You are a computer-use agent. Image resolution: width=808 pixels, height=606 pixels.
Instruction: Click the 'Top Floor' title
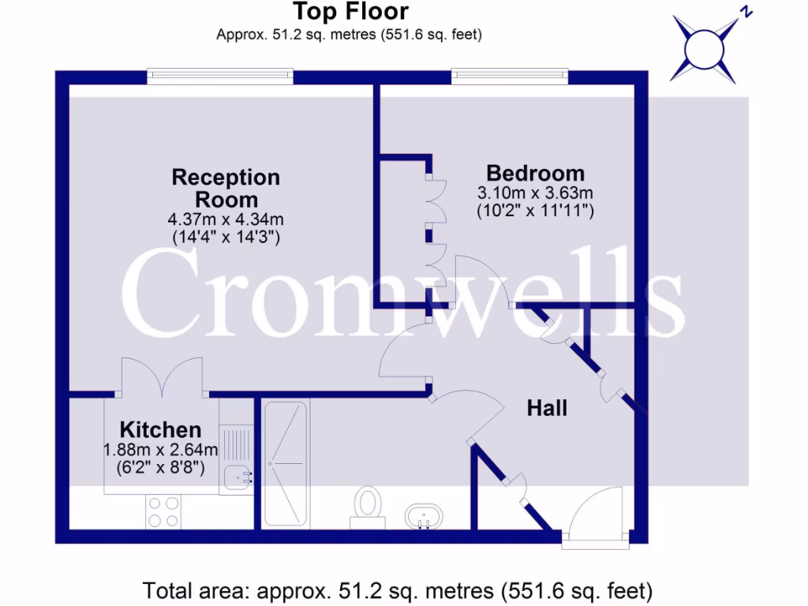pos(350,12)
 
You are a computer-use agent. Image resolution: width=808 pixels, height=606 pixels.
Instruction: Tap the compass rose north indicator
pos(704,48)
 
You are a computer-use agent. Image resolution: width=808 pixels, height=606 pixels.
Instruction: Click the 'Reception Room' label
pos(226,188)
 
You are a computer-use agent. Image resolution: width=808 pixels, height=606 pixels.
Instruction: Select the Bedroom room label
pos(535,173)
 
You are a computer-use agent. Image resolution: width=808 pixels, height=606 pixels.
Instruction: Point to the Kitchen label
pos(160,430)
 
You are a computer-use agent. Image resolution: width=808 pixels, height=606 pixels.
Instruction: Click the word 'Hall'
pos(547,408)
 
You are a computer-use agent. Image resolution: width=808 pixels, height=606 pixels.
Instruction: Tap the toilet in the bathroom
pos(367,505)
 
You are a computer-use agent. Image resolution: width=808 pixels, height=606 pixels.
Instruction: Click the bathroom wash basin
pos(424,518)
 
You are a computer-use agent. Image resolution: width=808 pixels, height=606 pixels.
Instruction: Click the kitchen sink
pos(235,477)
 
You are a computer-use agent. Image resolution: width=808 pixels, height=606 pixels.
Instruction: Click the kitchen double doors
pos(164,376)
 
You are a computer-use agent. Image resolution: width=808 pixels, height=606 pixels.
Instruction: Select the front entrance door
pos(597,518)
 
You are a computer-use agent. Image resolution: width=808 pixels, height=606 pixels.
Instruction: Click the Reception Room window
pos(220,77)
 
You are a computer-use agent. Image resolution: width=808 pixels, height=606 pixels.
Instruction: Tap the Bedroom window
pos(510,77)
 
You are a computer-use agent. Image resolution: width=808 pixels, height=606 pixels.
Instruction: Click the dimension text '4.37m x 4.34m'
pos(226,219)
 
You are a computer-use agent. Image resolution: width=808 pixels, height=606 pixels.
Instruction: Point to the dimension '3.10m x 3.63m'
pos(535,193)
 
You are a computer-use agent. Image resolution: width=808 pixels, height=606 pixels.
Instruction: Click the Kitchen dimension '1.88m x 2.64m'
pos(160,450)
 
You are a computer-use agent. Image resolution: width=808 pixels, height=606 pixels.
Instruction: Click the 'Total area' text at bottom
pos(398,589)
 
